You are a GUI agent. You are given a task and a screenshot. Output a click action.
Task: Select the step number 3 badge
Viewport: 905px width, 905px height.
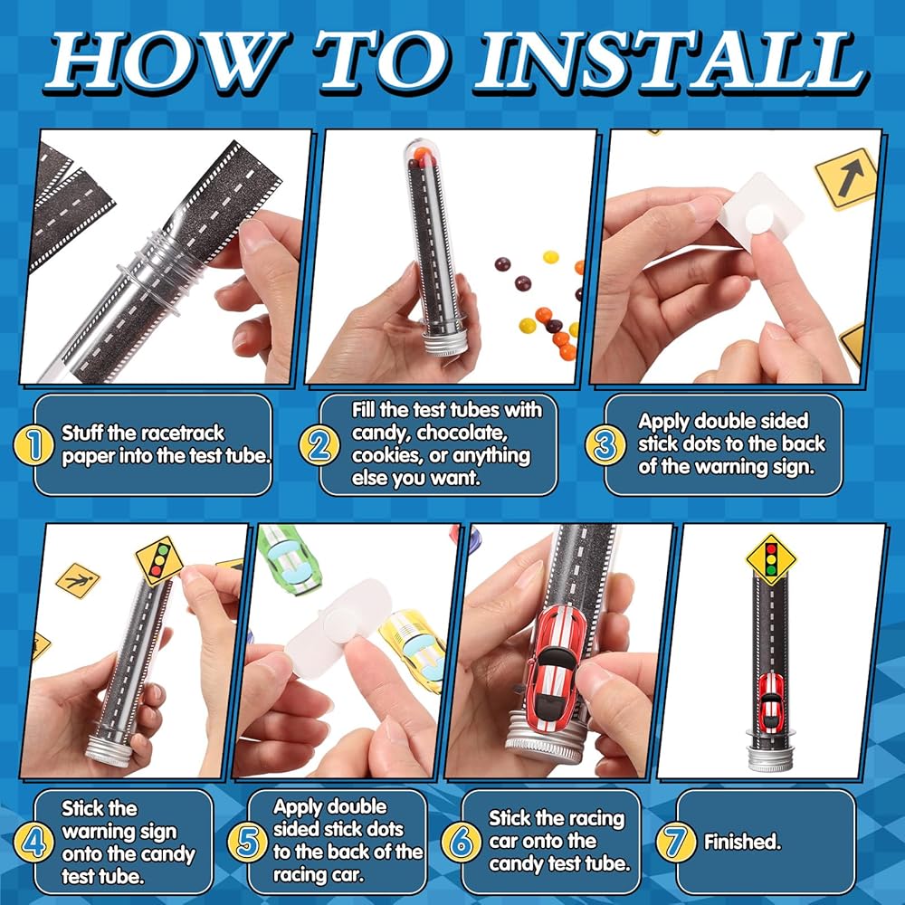605,445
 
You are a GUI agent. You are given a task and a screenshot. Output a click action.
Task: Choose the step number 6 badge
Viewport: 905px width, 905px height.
462,842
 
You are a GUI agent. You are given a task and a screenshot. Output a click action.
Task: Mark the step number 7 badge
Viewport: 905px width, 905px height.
675,842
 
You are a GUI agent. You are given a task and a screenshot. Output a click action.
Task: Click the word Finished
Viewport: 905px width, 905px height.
742,842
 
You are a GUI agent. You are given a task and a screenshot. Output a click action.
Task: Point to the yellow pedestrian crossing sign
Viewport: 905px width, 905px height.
78,580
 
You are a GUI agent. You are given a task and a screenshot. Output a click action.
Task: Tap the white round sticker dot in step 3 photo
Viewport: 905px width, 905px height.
759,221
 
